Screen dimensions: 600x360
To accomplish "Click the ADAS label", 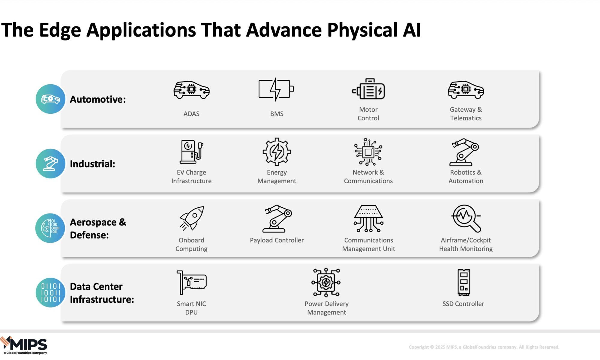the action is tap(191, 114).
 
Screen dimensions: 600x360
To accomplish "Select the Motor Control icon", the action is tap(368, 89).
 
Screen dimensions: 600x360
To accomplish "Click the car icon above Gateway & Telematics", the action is tap(466, 90).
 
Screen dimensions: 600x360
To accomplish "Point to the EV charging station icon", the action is tap(192, 151).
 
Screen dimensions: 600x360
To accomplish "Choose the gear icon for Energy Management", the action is tap(277, 152).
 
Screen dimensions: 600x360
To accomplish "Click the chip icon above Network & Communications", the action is tap(368, 152).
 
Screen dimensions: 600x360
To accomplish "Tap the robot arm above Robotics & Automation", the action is tap(464, 152).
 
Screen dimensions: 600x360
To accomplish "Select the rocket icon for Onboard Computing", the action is tap(192, 218).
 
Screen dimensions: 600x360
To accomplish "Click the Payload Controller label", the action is tap(277, 240).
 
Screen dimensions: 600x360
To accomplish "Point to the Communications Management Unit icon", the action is tap(368, 218).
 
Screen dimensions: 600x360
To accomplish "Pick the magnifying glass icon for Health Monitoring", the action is tap(466, 218).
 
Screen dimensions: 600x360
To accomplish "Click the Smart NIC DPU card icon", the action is tap(192, 282).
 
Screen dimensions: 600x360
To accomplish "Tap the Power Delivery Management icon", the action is tap(326, 282).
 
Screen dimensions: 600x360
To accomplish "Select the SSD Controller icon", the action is tap(463, 282).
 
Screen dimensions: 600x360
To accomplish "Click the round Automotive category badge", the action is tap(50, 99).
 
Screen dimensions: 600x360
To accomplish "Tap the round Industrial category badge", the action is tap(50, 163).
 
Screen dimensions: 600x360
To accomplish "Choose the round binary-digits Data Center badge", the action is tap(50, 292).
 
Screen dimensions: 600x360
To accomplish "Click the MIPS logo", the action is tap(24, 345).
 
